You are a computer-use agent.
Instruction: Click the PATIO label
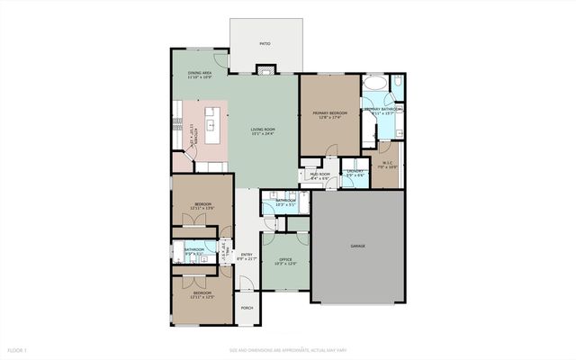265,43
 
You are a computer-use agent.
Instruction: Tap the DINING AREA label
200,72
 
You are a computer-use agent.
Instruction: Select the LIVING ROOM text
263,130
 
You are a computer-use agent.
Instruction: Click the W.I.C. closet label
385,163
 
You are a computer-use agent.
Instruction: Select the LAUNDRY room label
355,170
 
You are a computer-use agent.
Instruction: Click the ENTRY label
247,255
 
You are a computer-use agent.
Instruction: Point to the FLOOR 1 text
18,349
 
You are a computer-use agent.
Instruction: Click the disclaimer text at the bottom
287,349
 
